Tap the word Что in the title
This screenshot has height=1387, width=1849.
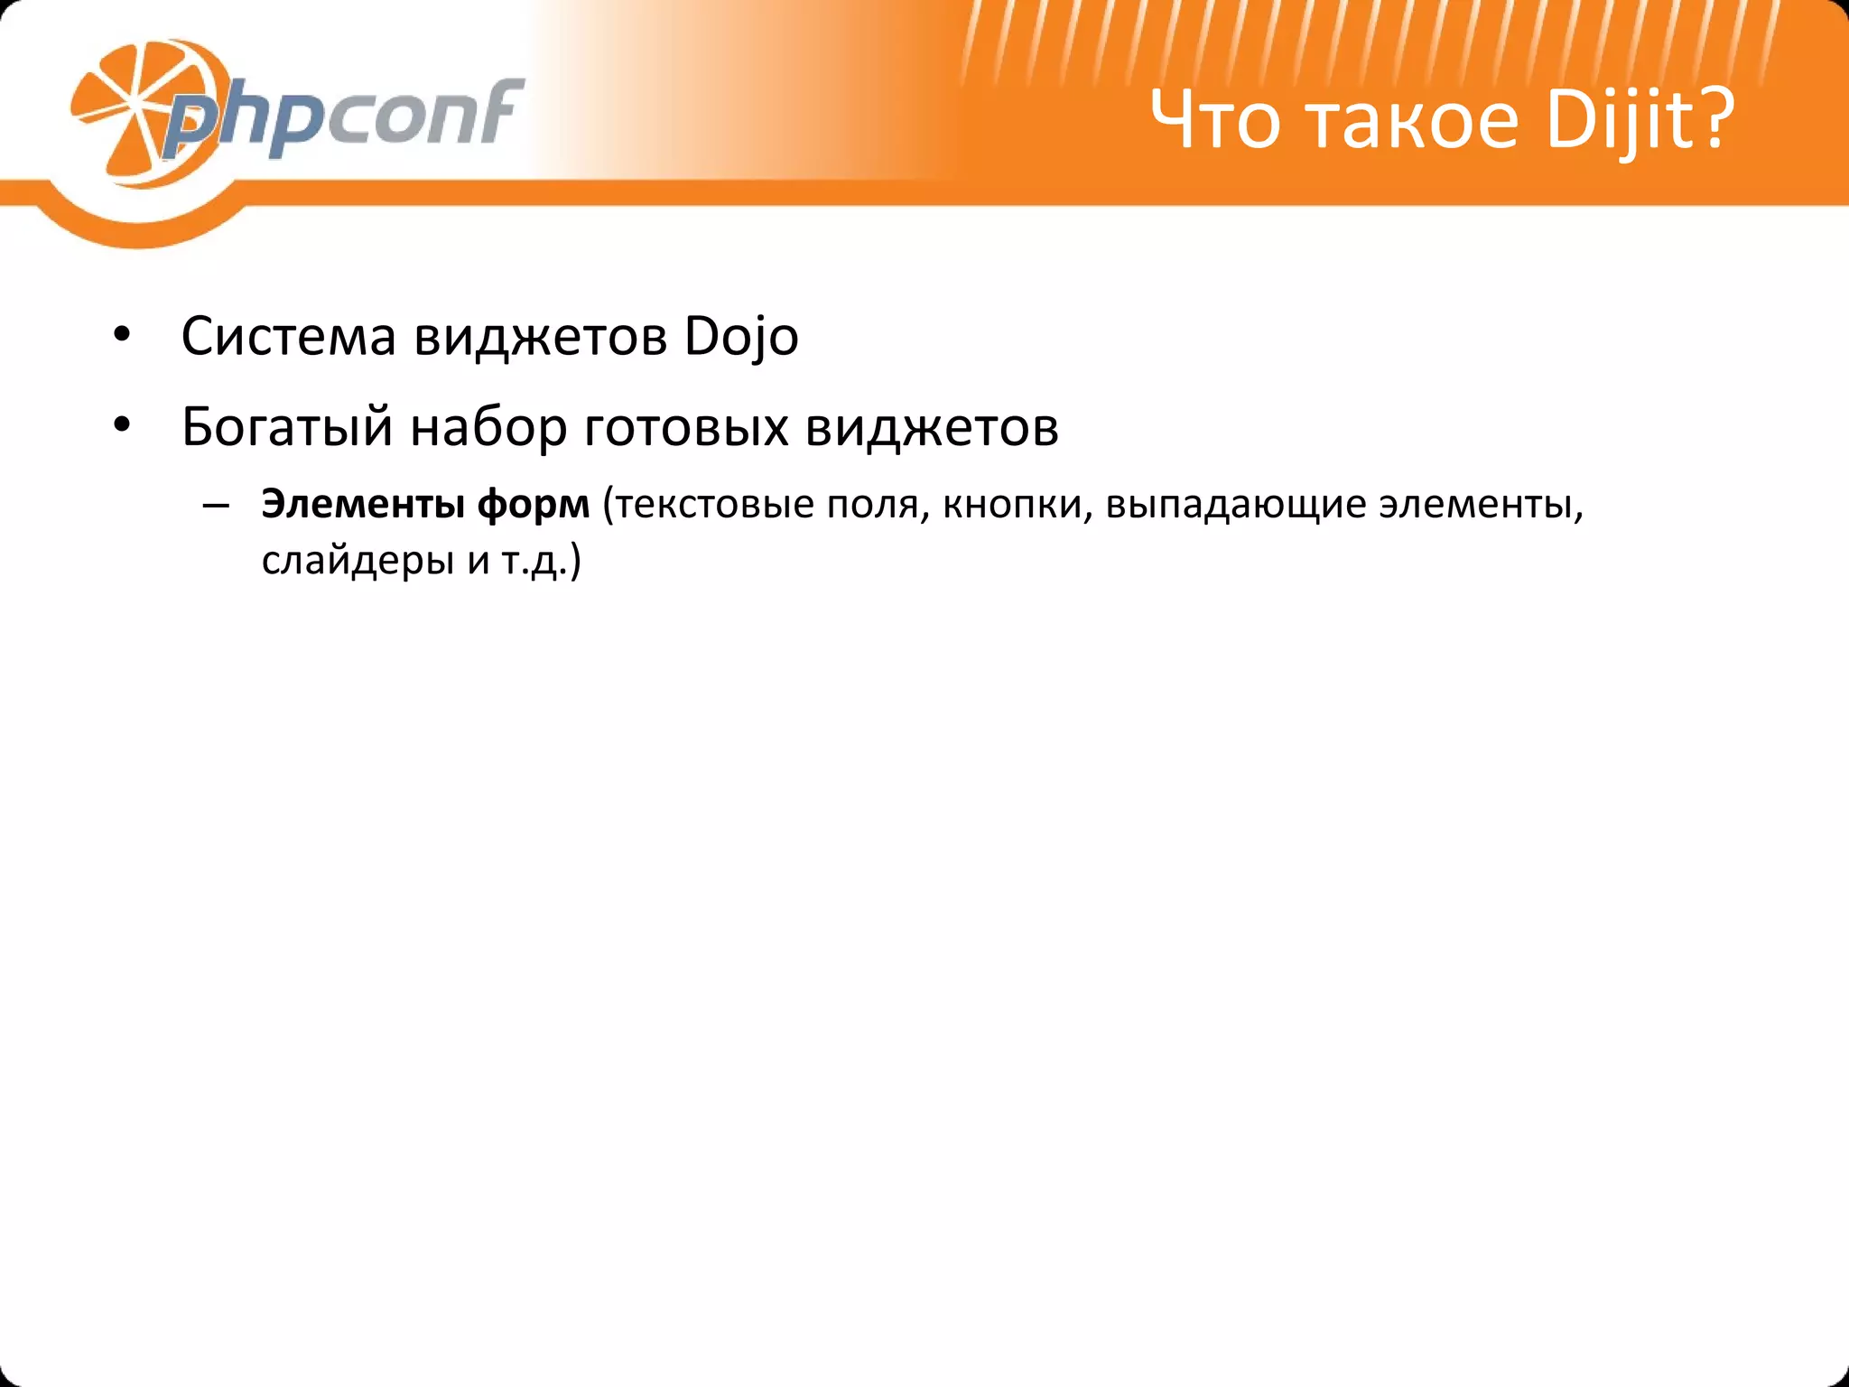coord(1215,120)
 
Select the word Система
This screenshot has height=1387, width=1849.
coord(289,337)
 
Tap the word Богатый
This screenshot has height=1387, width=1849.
coord(287,427)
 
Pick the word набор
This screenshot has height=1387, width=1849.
coord(488,427)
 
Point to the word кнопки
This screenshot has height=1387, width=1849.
coord(1012,504)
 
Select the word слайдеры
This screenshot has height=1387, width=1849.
coord(358,562)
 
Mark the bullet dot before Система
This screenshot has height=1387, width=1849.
coord(123,337)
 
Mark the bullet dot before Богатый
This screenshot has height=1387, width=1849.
coord(123,426)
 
